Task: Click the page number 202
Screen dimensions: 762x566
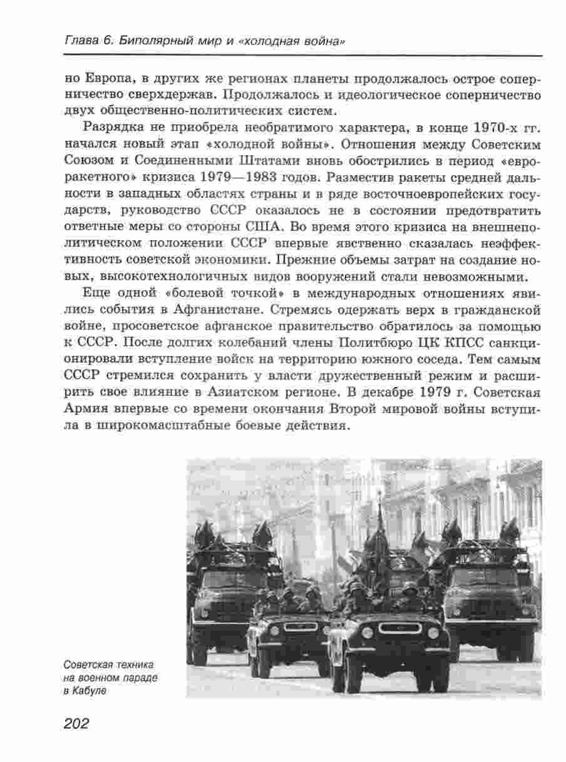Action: tap(77, 724)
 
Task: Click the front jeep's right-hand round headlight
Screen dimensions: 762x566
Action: tap(433, 632)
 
